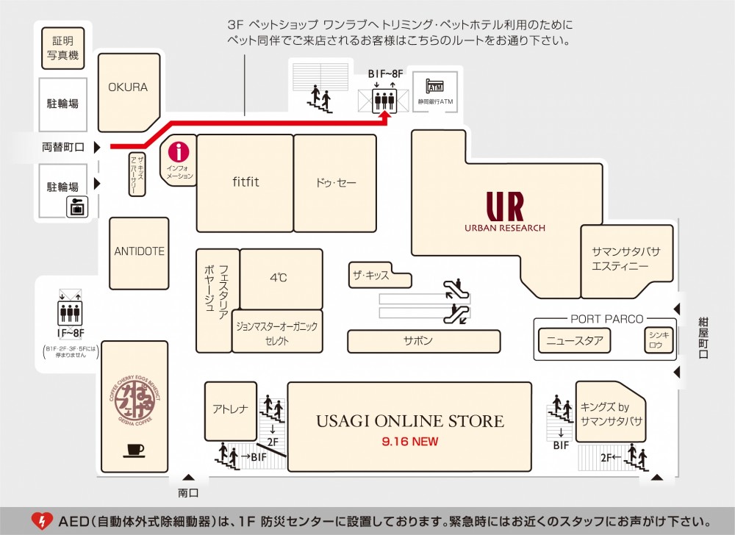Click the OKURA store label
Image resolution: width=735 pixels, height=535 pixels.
click(x=128, y=87)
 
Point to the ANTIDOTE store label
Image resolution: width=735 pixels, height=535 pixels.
click(x=139, y=251)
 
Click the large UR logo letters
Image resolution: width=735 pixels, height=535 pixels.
click(x=504, y=207)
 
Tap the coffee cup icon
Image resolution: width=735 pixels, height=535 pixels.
click(x=135, y=449)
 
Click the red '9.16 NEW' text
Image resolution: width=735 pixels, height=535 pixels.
click(x=410, y=442)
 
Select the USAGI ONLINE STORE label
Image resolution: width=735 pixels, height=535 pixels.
click(x=410, y=421)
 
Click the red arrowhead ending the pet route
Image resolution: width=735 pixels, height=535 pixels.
click(x=385, y=113)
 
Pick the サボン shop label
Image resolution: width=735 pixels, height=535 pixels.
click(x=418, y=341)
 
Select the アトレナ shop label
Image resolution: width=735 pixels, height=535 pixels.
click(x=230, y=409)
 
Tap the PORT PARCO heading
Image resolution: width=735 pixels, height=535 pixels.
click(x=606, y=319)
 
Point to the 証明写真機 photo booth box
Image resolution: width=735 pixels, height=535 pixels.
click(x=62, y=46)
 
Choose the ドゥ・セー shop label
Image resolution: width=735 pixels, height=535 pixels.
click(x=336, y=182)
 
